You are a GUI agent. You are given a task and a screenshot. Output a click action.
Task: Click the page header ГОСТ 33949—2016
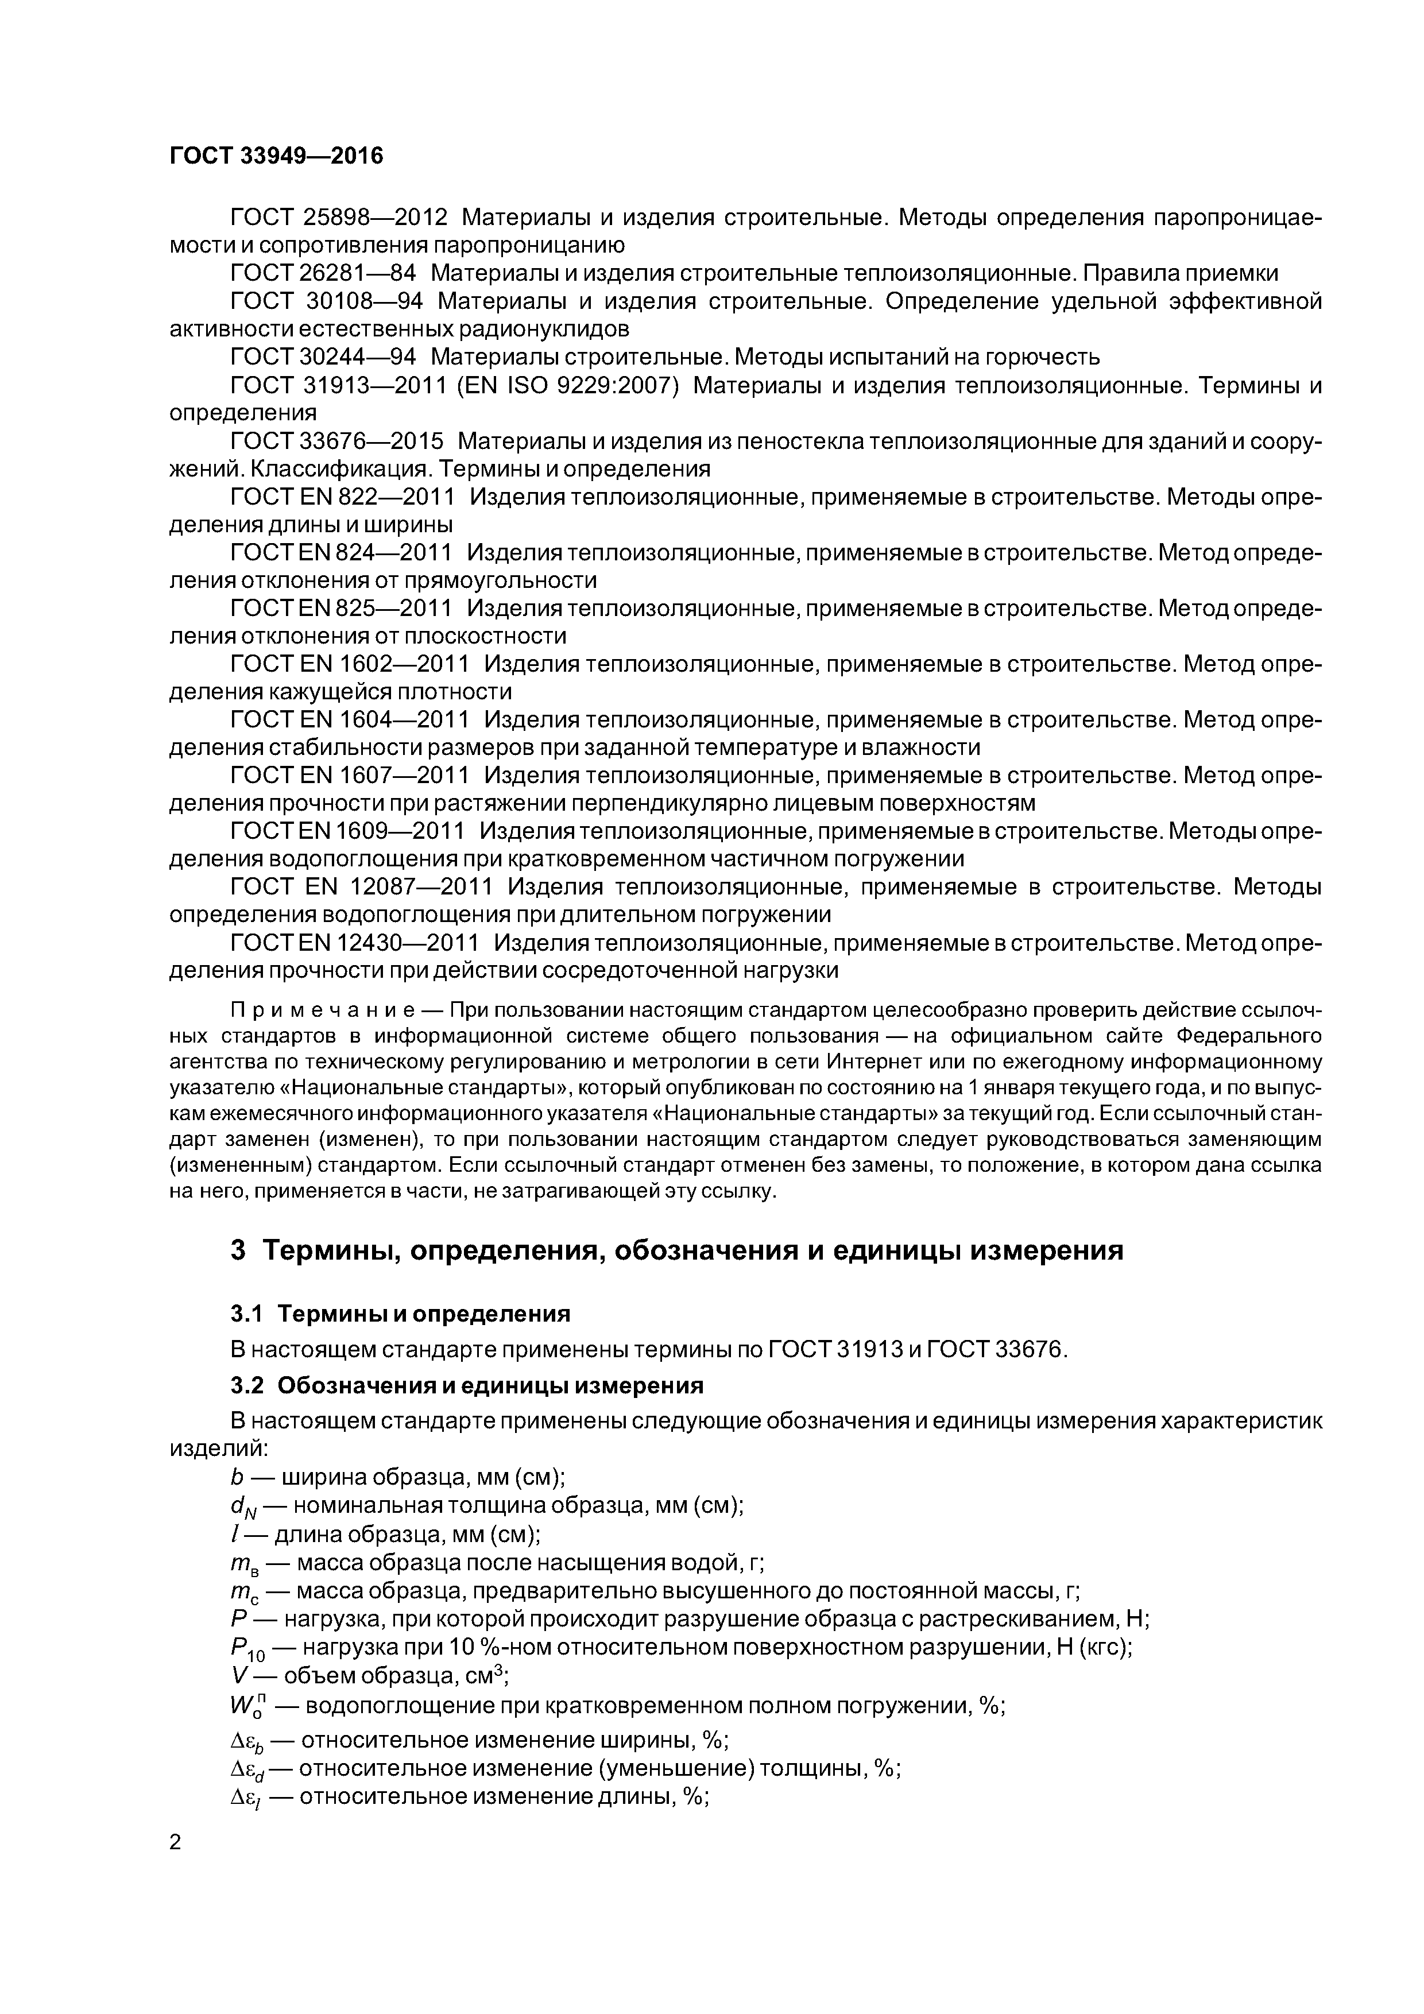pos(276,156)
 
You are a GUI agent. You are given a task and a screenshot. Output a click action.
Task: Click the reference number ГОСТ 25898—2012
pos(339,216)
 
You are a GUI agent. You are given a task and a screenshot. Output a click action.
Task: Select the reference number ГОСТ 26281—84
pos(323,273)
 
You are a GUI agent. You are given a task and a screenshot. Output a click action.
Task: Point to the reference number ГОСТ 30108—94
pos(326,301)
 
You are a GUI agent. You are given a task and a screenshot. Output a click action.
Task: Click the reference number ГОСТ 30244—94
pos(323,357)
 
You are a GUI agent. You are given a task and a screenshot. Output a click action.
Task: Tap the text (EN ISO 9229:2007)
pos(568,385)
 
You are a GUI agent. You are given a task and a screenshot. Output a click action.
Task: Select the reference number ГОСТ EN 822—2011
pos(343,497)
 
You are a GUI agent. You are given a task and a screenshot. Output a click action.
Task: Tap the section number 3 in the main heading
pos(238,1250)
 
